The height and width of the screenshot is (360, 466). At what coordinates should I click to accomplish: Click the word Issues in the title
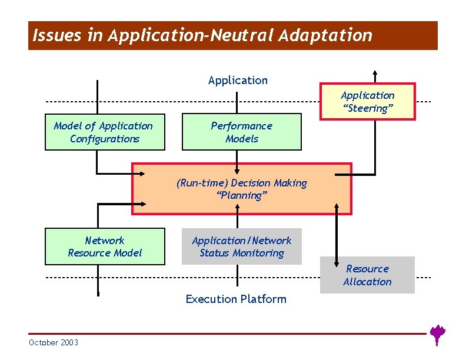[49, 36]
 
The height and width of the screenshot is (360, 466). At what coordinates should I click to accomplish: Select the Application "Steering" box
[367, 102]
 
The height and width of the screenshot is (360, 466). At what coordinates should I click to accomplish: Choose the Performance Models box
[241, 132]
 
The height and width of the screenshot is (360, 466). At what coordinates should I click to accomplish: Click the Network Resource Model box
[105, 246]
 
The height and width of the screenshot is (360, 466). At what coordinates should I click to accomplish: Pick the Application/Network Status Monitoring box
[241, 246]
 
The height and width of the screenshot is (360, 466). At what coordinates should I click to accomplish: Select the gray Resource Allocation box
[367, 275]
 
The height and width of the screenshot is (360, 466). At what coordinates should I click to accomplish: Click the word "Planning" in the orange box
[242, 196]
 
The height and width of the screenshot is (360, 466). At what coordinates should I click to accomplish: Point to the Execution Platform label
[236, 299]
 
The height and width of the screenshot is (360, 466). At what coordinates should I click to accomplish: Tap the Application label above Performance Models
[238, 80]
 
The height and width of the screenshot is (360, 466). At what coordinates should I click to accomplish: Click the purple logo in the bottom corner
[437, 334]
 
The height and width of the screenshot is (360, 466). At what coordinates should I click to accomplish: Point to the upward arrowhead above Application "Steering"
[375, 74]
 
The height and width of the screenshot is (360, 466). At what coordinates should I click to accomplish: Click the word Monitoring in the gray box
[259, 254]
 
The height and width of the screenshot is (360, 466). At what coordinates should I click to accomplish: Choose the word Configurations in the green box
[105, 139]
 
